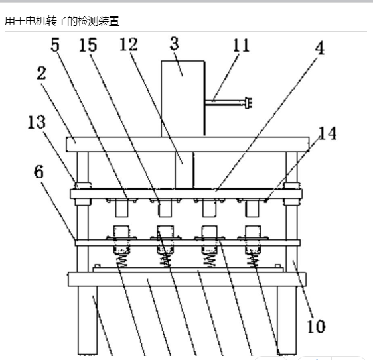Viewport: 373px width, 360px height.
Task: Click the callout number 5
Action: click(55, 44)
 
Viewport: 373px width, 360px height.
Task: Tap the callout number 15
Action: click(88, 45)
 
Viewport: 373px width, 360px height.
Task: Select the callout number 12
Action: click(129, 44)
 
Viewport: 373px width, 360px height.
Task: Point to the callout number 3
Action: click(175, 44)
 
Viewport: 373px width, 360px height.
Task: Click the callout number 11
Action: click(241, 45)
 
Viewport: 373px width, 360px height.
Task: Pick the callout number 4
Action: click(320, 48)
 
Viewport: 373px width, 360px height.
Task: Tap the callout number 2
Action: click(41, 73)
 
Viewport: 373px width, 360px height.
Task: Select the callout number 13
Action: click(37, 122)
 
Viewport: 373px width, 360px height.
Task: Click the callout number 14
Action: click(327, 133)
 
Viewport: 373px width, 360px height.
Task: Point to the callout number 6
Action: click(38, 172)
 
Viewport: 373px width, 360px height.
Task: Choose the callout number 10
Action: click(316, 326)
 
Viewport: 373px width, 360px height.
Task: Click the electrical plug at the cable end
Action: click(248, 103)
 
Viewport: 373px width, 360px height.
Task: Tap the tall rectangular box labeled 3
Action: click(183, 99)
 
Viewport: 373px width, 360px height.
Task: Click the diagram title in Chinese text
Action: click(62, 21)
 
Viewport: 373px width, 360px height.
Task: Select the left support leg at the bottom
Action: click(88, 321)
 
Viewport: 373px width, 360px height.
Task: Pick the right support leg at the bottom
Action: click(287, 321)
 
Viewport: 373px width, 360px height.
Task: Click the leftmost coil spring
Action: click(122, 260)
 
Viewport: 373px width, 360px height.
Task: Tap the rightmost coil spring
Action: click(254, 260)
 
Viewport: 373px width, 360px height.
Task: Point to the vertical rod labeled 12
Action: click(185, 170)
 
